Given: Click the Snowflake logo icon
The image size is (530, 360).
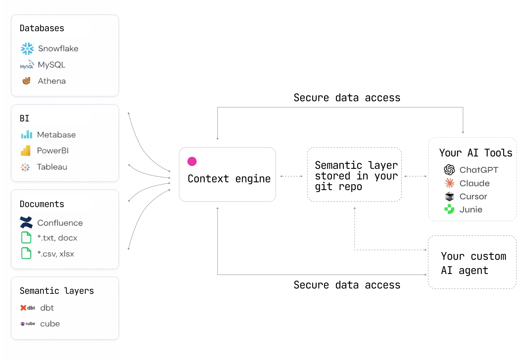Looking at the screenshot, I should (27, 48).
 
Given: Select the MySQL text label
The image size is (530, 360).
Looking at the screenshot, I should (51, 65).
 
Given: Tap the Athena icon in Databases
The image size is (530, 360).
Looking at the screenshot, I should (27, 81).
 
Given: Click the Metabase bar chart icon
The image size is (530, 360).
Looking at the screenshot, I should (27, 135).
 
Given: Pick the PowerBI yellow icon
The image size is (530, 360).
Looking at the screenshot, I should (26, 151).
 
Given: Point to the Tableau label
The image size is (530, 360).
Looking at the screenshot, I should (52, 167).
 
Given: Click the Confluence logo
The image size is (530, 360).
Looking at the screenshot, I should (26, 222).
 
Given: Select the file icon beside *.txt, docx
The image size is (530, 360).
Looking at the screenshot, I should (26, 238).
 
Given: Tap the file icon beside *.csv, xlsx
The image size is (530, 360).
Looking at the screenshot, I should (26, 253).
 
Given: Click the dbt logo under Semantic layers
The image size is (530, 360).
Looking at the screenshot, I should (28, 308).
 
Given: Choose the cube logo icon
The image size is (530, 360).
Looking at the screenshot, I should (28, 324).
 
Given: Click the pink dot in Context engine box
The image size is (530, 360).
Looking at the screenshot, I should (192, 161).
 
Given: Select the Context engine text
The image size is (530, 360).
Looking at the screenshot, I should (229, 179).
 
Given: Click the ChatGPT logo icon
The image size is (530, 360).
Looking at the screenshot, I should (449, 170).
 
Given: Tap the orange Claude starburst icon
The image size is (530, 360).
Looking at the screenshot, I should (450, 183).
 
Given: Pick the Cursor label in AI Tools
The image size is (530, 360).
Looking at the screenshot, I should (473, 196).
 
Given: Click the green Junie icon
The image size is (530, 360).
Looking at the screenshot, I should (449, 209).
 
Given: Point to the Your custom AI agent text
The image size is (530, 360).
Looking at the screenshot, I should (473, 263).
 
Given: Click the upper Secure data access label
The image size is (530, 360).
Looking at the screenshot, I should (347, 98).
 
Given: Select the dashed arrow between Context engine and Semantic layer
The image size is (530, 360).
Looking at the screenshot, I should (291, 176).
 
